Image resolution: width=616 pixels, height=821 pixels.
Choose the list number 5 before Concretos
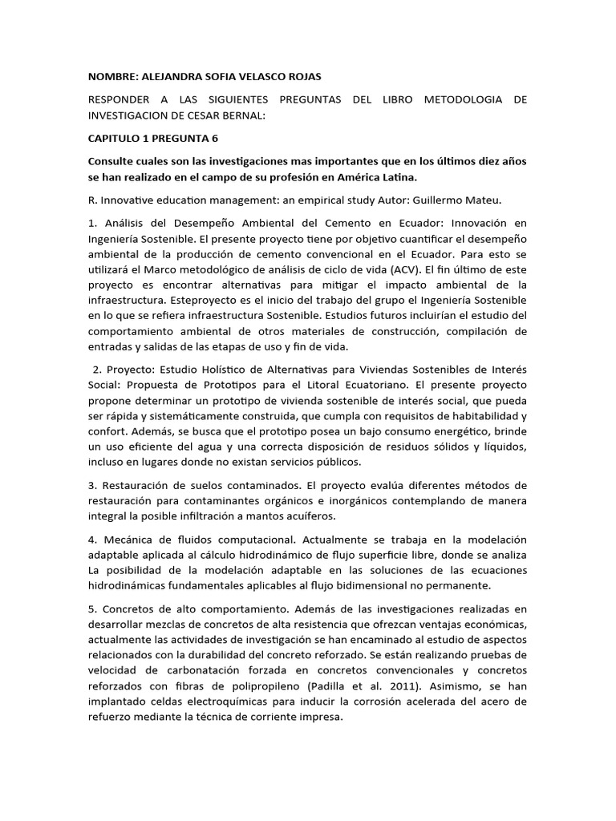(x=91, y=609)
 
